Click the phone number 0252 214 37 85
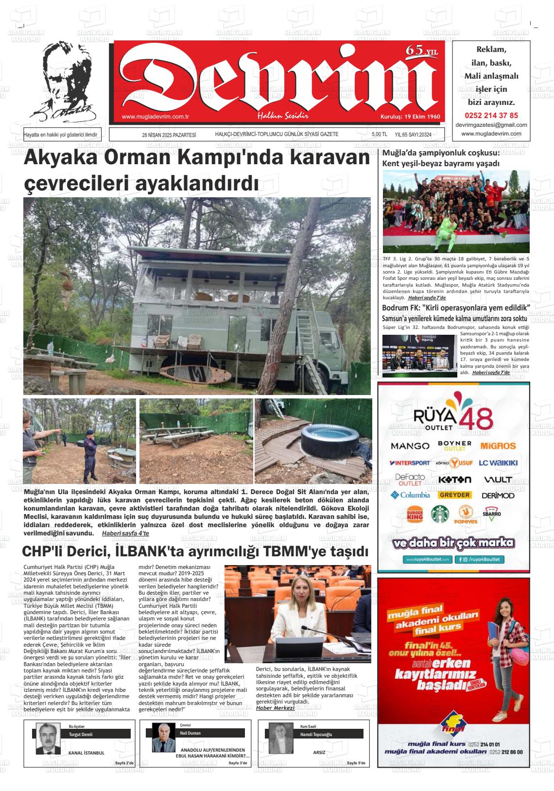(491, 116)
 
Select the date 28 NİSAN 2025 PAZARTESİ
(169, 135)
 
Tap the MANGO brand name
(410, 446)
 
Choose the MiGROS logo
(498, 446)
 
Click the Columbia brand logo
(410, 495)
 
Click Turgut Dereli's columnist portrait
(48, 739)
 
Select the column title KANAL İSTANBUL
(87, 753)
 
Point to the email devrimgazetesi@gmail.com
(491, 125)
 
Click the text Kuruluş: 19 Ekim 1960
(410, 117)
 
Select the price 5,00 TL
(379, 135)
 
